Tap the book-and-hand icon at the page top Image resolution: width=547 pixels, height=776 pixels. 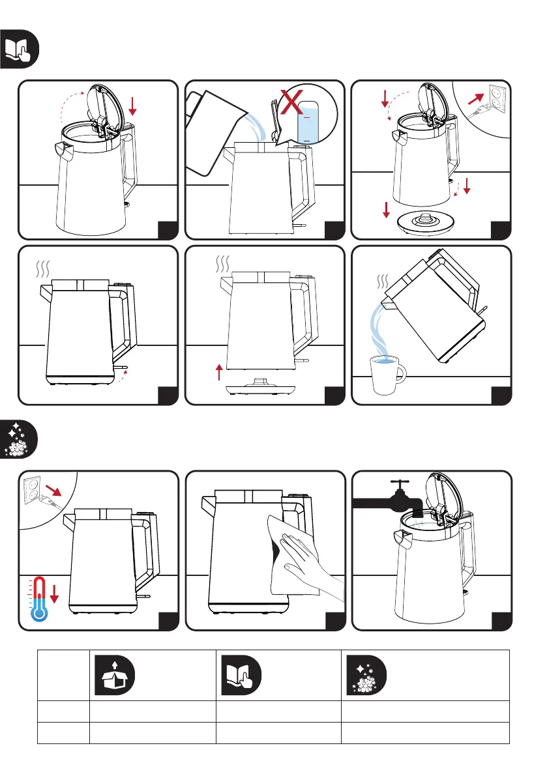pyautogui.click(x=20, y=49)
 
